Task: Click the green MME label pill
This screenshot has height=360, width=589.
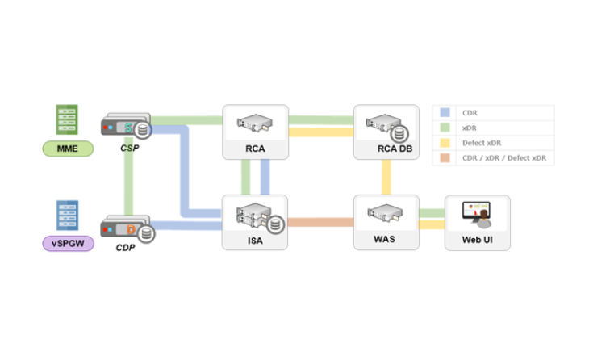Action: pyautogui.click(x=68, y=148)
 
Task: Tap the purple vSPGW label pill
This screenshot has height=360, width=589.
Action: pyautogui.click(x=68, y=241)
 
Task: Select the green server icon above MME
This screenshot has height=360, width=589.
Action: pyautogui.click(x=67, y=120)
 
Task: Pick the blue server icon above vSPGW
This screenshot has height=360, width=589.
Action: pyautogui.click(x=67, y=216)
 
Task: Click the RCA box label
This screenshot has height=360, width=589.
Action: pyautogui.click(x=256, y=149)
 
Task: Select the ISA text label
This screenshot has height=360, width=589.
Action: pyautogui.click(x=255, y=240)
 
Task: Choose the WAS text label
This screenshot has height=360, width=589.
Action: pyautogui.click(x=386, y=240)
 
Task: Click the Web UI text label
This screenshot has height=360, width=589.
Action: pyautogui.click(x=477, y=240)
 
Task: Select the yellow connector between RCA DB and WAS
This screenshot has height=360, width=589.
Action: pyautogui.click(x=386, y=177)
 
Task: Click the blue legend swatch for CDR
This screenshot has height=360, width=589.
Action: pyautogui.click(x=445, y=113)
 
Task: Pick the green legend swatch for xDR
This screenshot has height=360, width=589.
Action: pyautogui.click(x=445, y=128)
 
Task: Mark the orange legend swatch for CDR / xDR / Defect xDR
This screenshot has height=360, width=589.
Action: pyautogui.click(x=445, y=158)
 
